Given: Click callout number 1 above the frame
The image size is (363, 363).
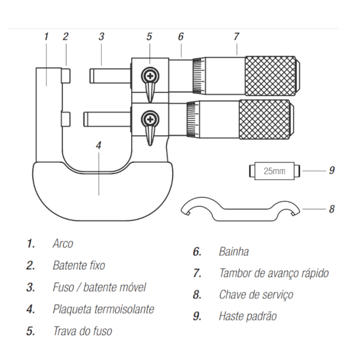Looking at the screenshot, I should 46,36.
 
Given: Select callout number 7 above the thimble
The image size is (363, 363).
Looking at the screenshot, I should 236,36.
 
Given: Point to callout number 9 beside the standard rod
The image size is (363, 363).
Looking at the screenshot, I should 331,170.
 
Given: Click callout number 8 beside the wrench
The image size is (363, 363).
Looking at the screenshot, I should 331,209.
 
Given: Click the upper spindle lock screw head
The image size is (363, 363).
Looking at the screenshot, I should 150,75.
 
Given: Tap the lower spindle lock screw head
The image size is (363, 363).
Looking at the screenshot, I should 150,118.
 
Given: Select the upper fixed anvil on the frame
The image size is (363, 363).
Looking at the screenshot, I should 66,75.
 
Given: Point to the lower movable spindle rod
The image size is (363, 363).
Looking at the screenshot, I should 107,118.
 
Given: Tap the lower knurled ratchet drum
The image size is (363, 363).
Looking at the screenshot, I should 266,119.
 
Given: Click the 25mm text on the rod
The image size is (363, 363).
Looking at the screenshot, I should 274,171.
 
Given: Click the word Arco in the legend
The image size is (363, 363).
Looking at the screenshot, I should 63,243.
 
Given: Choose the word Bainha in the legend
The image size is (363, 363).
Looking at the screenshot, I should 233,252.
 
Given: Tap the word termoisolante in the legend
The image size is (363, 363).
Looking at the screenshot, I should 121,309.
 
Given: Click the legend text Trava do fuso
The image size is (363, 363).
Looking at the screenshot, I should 82,331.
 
